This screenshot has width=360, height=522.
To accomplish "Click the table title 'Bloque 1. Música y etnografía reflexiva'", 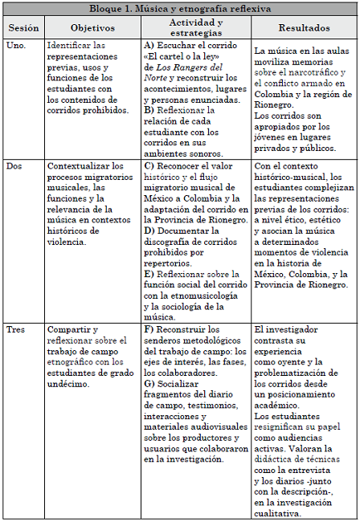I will [179, 8].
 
